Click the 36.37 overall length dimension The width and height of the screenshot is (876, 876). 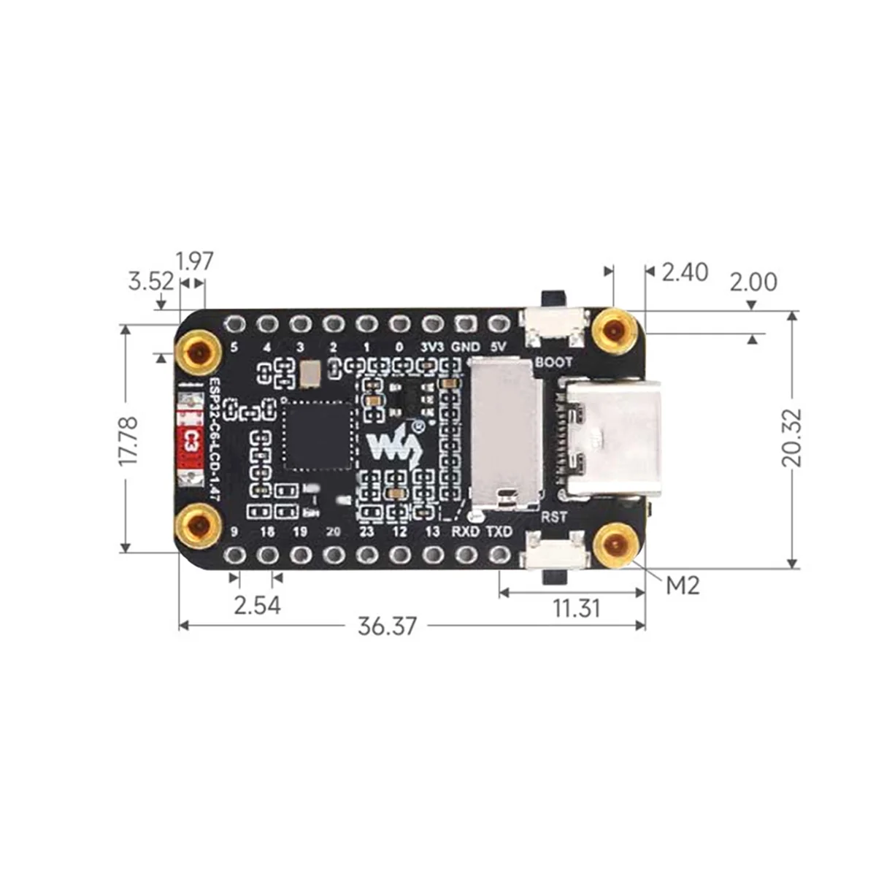click(387, 626)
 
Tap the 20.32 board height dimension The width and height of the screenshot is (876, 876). click(791, 438)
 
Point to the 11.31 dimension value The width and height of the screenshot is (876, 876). click(576, 607)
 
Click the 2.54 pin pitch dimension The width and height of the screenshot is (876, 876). click(256, 604)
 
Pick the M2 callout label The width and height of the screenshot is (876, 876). click(683, 584)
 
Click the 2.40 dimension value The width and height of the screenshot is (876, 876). click(684, 272)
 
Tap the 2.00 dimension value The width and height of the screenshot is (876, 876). click(753, 282)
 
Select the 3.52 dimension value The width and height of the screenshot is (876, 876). click(150, 281)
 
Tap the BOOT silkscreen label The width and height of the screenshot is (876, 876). click(554, 362)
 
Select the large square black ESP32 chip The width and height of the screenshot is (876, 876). click(317, 438)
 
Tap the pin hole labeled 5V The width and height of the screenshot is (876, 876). click(499, 323)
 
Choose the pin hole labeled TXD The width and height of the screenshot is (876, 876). click(499, 556)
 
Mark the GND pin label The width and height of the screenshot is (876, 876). click(466, 347)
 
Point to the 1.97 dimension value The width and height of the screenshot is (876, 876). click(194, 261)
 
